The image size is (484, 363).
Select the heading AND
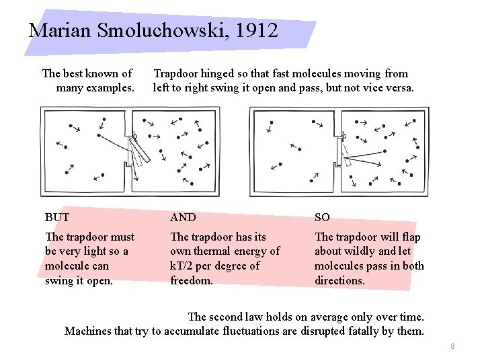[x=183, y=217]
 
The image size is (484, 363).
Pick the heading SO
[x=322, y=217]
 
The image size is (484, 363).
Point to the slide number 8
[x=453, y=346]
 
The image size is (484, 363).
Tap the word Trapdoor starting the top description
[x=177, y=73]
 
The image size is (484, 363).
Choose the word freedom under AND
[x=192, y=280]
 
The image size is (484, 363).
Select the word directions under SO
[x=339, y=280]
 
